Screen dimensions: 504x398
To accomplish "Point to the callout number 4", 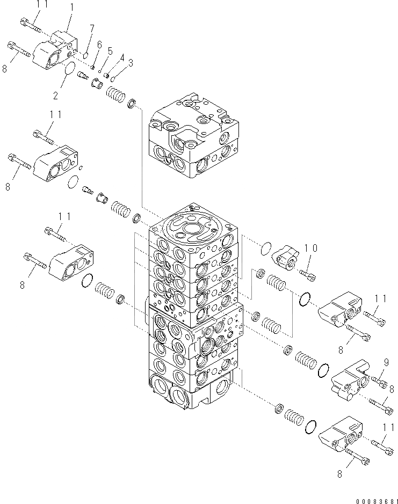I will pos(121,57).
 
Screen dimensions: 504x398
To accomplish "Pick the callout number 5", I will pos(111,51).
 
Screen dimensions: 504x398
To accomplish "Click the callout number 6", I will pos(99,45).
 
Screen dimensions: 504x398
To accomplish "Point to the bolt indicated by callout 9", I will pos(379,383).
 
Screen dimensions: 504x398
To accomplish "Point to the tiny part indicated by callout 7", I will pos(85,53).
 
